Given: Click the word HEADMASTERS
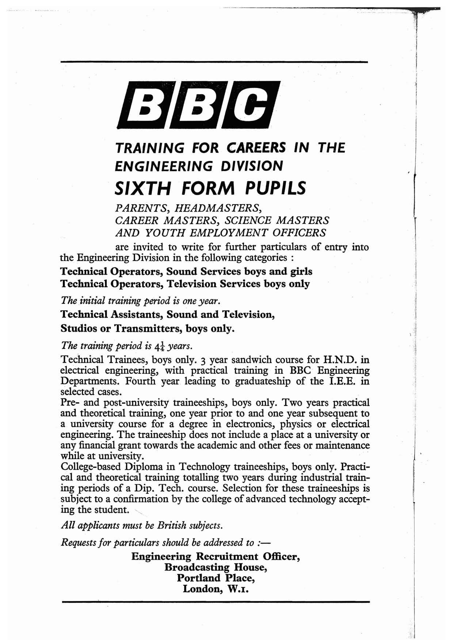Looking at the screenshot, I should [218, 208].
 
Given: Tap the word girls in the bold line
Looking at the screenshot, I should [301, 271].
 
